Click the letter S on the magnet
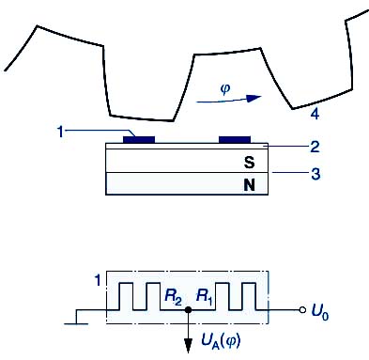pyautogui.click(x=249, y=162)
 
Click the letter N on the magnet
pyautogui.click(x=249, y=185)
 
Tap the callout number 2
pyautogui.click(x=315, y=147)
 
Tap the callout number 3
pyautogui.click(x=315, y=174)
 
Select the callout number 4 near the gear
pyautogui.click(x=315, y=114)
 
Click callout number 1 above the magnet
pyautogui.click(x=61, y=132)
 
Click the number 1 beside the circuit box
pyautogui.click(x=98, y=280)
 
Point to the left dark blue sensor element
pyautogui.click(x=139, y=139)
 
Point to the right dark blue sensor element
pyautogui.click(x=235, y=139)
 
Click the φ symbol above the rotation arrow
pyautogui.click(x=225, y=89)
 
